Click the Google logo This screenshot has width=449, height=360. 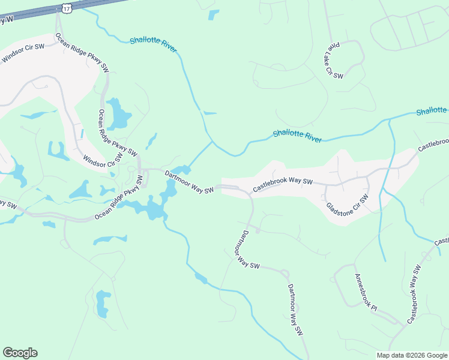[x=20, y=353]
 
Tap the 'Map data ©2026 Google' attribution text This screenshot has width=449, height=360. [x=412, y=355]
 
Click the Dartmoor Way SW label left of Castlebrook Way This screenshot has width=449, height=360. [x=189, y=183]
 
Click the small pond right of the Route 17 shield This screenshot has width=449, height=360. [x=213, y=15]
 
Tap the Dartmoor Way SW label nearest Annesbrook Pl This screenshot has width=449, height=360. [x=295, y=310]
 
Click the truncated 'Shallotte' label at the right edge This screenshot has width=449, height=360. [x=432, y=110]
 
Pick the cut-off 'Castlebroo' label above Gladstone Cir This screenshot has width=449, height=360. [x=433, y=145]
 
